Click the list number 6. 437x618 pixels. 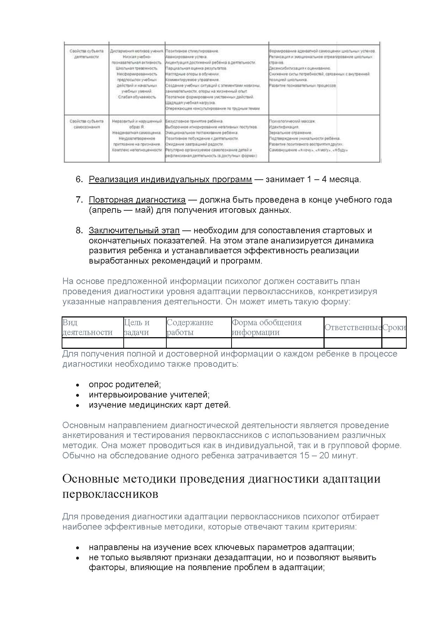point(79,179)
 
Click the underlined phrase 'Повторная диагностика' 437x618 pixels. point(137,200)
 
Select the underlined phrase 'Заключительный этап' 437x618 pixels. point(134,230)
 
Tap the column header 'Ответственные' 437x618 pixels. point(353,327)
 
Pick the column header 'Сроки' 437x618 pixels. point(394,327)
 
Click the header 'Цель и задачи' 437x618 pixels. point(137,327)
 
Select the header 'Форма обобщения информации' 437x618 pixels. point(266,327)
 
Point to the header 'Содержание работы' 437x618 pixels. point(190,327)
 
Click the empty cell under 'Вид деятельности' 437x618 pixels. point(93,343)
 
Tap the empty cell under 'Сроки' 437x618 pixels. point(394,343)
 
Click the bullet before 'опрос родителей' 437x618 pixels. point(78,385)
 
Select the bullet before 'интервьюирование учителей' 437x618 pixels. point(78,395)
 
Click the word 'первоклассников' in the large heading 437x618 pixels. point(110,494)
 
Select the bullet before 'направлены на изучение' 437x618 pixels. point(78,548)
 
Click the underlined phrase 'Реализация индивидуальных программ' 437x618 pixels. point(170,179)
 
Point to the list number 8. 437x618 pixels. point(79,230)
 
